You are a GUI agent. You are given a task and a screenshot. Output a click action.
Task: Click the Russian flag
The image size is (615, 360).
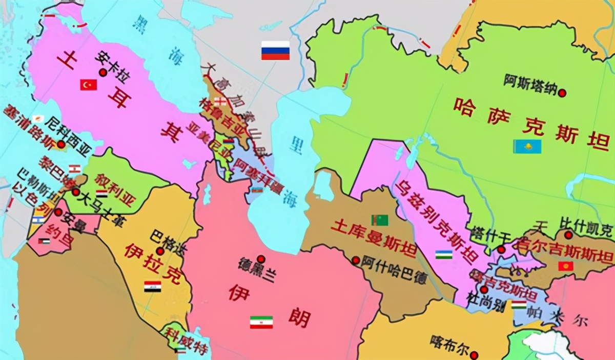point(275,51)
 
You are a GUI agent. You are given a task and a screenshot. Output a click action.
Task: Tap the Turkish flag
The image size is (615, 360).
point(88,85)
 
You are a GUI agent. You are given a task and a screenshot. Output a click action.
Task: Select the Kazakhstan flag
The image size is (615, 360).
point(527,146)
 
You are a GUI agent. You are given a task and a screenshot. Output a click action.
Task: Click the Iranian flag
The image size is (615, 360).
point(261,322)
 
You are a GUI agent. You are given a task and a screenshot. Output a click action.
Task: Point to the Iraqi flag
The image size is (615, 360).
point(152,287)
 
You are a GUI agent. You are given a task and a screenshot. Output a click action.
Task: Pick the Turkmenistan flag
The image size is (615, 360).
point(380,220)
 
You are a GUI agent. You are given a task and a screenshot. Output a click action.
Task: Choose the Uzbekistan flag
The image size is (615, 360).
point(444,254)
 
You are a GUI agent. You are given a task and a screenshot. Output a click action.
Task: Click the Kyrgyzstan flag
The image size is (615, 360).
point(566,267)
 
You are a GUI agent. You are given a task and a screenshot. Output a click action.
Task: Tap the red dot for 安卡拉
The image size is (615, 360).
point(103,73)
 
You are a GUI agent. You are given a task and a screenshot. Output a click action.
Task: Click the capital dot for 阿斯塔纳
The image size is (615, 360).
point(562,93)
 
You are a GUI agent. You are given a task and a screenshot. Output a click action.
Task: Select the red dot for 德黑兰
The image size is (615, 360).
point(261,259)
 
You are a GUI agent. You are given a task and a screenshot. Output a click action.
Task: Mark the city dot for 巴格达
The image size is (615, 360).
point(160,251)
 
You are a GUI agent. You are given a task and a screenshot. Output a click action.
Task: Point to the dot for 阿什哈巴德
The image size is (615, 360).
point(356,260)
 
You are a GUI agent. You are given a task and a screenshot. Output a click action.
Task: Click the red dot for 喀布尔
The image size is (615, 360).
point(475,354)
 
